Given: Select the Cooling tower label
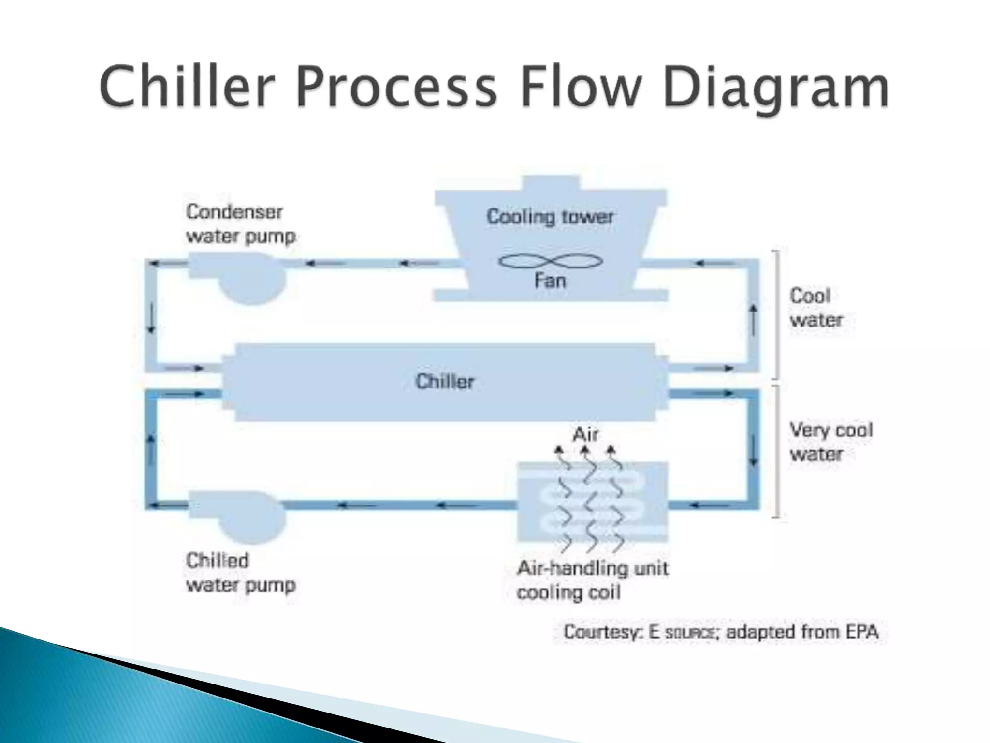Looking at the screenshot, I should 550,217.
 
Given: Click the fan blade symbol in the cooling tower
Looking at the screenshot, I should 551,262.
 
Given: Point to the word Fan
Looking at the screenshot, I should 550,281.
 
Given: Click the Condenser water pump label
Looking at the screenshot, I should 240,224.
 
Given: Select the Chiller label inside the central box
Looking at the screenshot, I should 445,382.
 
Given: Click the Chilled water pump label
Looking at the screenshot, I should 240,573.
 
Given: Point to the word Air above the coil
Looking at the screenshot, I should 585,434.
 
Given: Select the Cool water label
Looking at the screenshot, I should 816,308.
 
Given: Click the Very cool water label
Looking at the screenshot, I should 830,442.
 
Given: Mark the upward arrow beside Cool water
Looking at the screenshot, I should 753,320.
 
